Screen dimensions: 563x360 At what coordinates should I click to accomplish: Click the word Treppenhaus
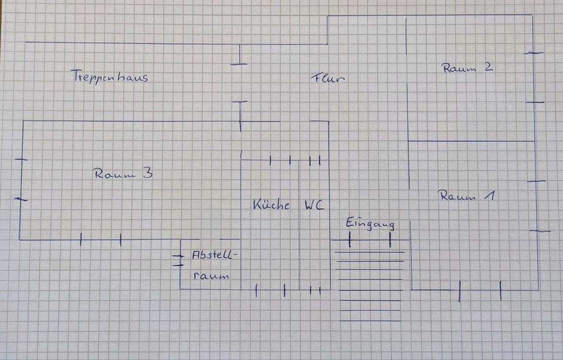click(x=110, y=76)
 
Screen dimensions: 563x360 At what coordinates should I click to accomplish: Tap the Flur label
click(x=328, y=78)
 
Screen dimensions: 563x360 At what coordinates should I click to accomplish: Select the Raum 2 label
click(x=467, y=67)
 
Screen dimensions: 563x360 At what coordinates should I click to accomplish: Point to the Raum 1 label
click(x=467, y=196)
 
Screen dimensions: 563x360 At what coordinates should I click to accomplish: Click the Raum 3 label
click(x=123, y=174)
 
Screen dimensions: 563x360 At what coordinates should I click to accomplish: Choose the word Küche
click(x=271, y=205)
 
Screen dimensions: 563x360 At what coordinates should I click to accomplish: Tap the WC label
click(x=314, y=205)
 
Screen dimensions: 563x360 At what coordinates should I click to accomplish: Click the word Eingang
click(x=371, y=223)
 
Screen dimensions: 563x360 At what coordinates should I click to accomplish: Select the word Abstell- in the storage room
click(x=215, y=255)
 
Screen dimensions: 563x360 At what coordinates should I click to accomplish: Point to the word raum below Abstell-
click(x=211, y=276)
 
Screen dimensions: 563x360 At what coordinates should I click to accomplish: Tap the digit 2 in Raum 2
click(x=489, y=66)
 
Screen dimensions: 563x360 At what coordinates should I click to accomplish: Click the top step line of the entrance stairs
click(x=369, y=252)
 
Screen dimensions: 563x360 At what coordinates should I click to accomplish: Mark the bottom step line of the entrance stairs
click(x=370, y=321)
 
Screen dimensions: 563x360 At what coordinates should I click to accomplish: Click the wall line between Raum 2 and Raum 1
click(x=471, y=141)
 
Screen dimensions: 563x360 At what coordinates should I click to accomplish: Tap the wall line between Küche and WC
click(x=299, y=225)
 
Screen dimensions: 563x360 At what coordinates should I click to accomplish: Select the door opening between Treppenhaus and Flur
click(x=239, y=83)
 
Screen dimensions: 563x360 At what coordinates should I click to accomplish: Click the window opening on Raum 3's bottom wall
click(x=100, y=239)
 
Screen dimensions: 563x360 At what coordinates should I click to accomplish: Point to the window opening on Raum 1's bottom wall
click(x=480, y=290)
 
